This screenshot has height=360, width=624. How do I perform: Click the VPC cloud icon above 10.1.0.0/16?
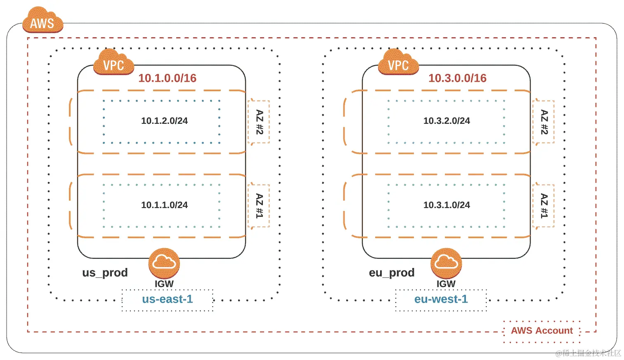113,64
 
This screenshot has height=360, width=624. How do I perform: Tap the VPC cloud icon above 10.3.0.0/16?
398,64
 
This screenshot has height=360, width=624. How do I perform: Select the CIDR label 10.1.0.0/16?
167,78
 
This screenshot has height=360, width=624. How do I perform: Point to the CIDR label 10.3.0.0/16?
457,78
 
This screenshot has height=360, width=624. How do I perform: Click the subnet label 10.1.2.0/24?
164,121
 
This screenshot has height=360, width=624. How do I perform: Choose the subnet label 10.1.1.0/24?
164,205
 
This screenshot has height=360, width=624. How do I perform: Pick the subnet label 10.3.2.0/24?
447,121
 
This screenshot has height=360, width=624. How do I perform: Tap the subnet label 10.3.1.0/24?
447,205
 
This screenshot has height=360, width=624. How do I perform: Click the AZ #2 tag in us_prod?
259,122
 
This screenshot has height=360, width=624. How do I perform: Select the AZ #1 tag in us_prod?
259,206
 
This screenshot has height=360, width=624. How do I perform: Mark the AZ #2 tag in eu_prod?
544,122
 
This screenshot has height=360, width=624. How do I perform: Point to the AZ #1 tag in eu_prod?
544,206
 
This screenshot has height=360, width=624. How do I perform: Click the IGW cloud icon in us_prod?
164,263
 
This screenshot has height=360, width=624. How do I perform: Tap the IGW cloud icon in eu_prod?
446,263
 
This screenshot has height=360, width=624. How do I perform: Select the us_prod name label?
105,273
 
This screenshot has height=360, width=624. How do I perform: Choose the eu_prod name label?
392,273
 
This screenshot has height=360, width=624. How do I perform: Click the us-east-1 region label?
168,299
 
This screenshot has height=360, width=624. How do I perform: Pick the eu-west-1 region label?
441,299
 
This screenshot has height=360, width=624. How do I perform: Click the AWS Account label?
542,331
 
